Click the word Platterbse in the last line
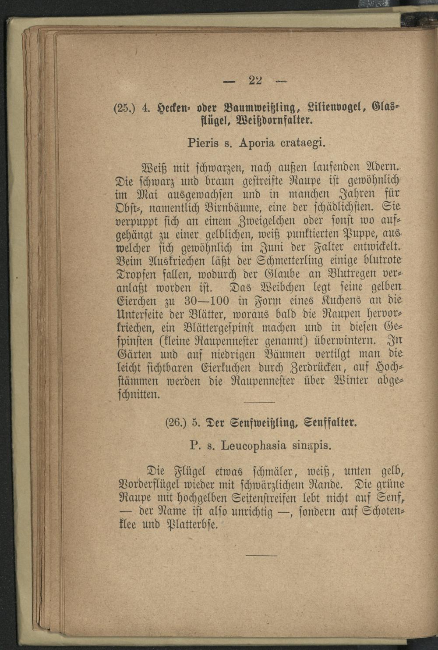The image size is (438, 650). [193, 524]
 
